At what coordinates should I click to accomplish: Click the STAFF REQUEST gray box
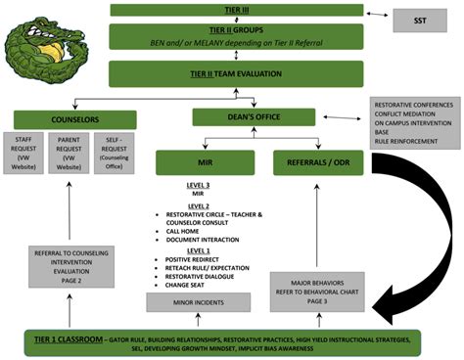[x=23, y=153]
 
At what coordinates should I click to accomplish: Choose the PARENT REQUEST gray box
[x=69, y=153]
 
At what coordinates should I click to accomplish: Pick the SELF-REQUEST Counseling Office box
[x=113, y=153]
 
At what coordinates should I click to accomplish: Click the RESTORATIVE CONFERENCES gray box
[x=413, y=122]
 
